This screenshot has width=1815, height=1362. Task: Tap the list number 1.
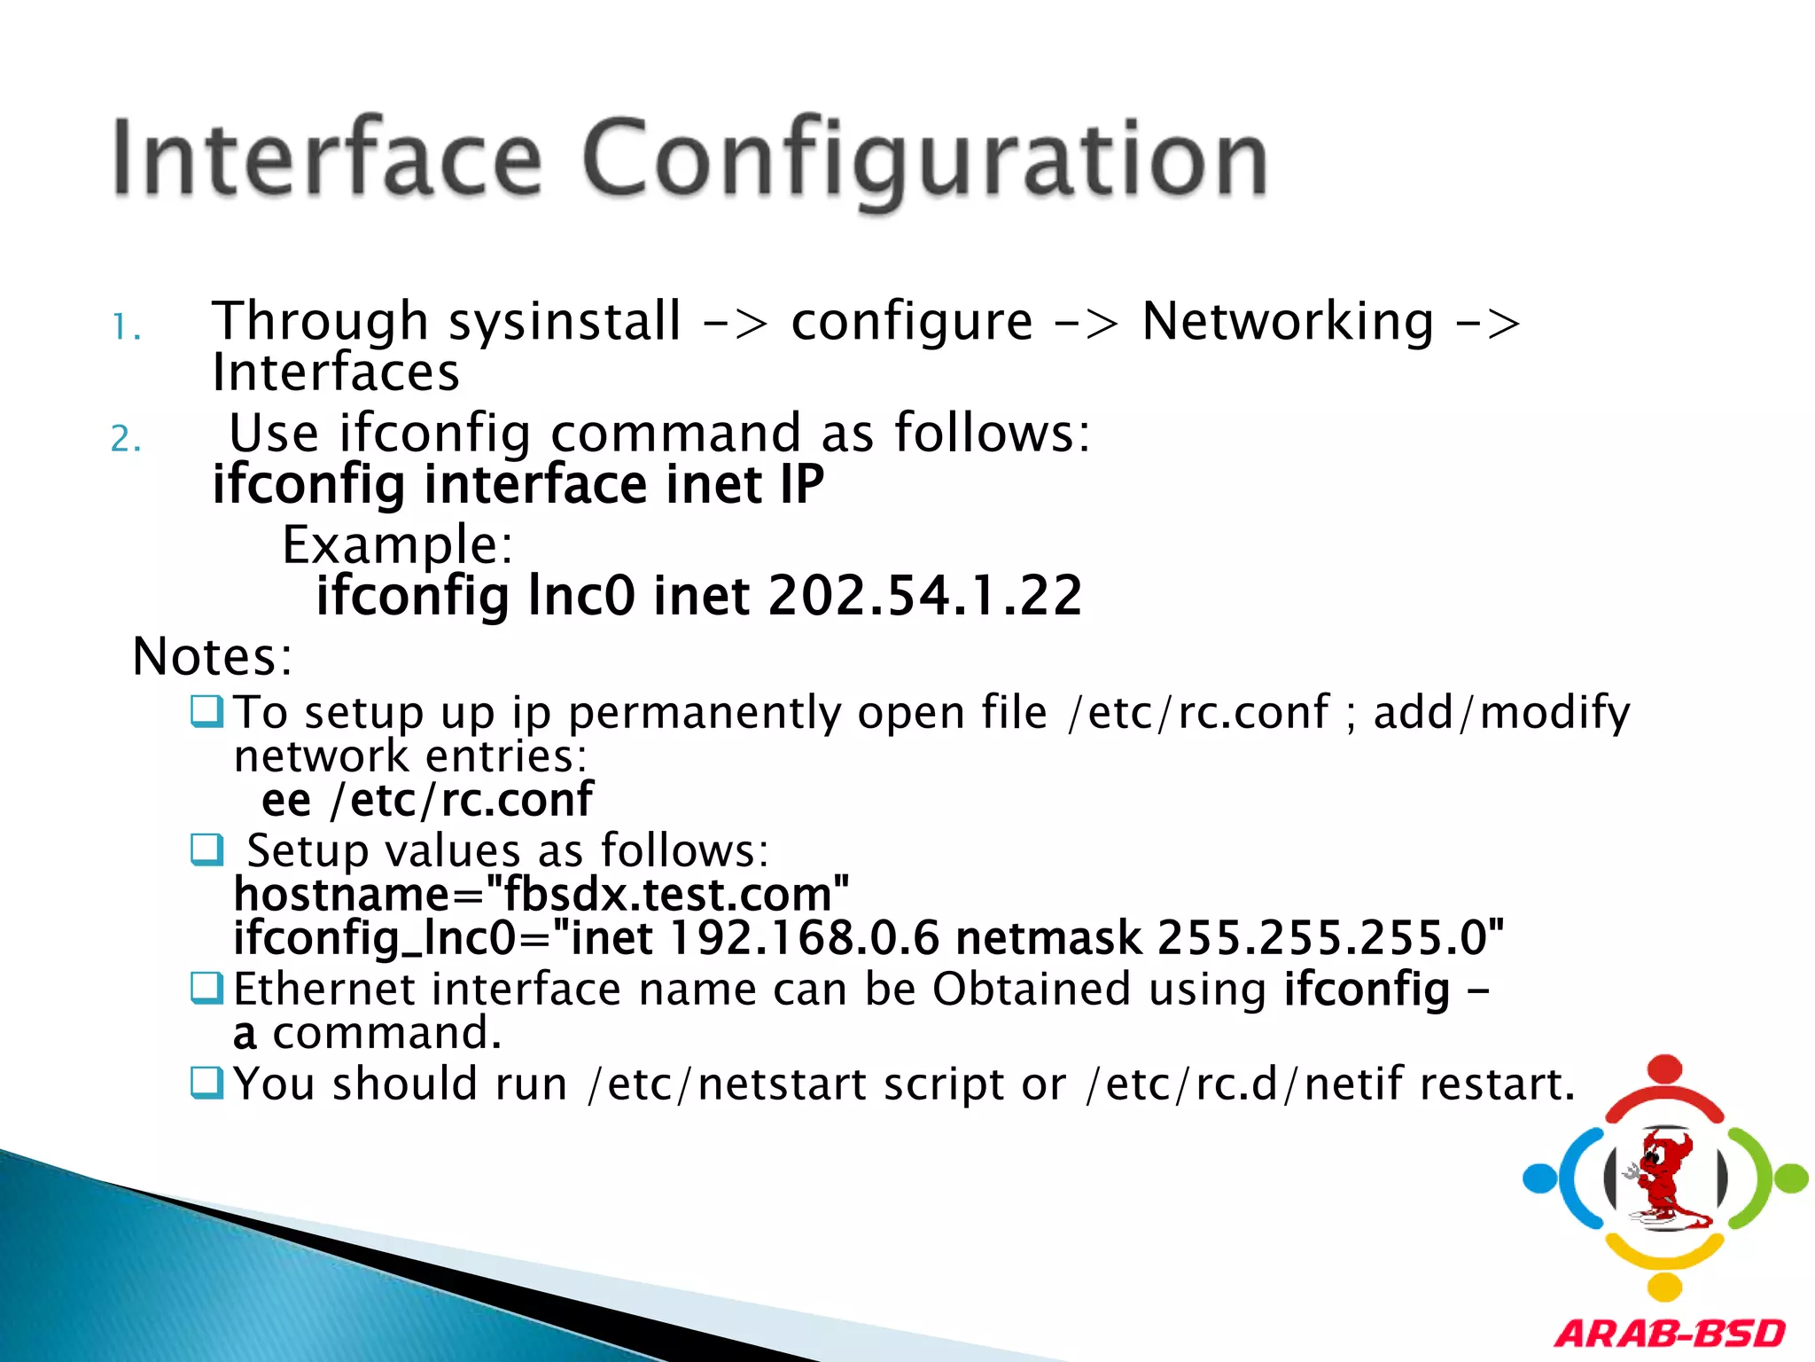pyautogui.click(x=125, y=329)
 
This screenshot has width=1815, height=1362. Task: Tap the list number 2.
pyautogui.click(x=125, y=439)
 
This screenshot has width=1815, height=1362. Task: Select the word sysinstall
pyautogui.click(x=565, y=321)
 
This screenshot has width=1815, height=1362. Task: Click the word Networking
pyautogui.click(x=1287, y=321)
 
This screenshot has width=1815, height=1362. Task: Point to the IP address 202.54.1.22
pyautogui.click(x=924, y=595)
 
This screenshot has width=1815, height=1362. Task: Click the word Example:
pyautogui.click(x=397, y=544)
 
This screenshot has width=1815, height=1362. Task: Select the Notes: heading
pyautogui.click(x=212, y=657)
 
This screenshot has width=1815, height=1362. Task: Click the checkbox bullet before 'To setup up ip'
pyautogui.click(x=207, y=711)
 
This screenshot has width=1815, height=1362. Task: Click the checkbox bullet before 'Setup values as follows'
pyautogui.click(x=207, y=849)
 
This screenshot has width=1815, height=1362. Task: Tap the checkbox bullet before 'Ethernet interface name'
pyautogui.click(x=207, y=988)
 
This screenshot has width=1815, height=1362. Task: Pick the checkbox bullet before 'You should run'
pyautogui.click(x=207, y=1083)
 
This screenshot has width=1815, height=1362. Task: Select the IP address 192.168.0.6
pyautogui.click(x=803, y=938)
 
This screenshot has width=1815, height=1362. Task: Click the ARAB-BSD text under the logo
pyautogui.click(x=1670, y=1334)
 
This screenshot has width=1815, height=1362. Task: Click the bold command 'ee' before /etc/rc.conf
pyautogui.click(x=286, y=801)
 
